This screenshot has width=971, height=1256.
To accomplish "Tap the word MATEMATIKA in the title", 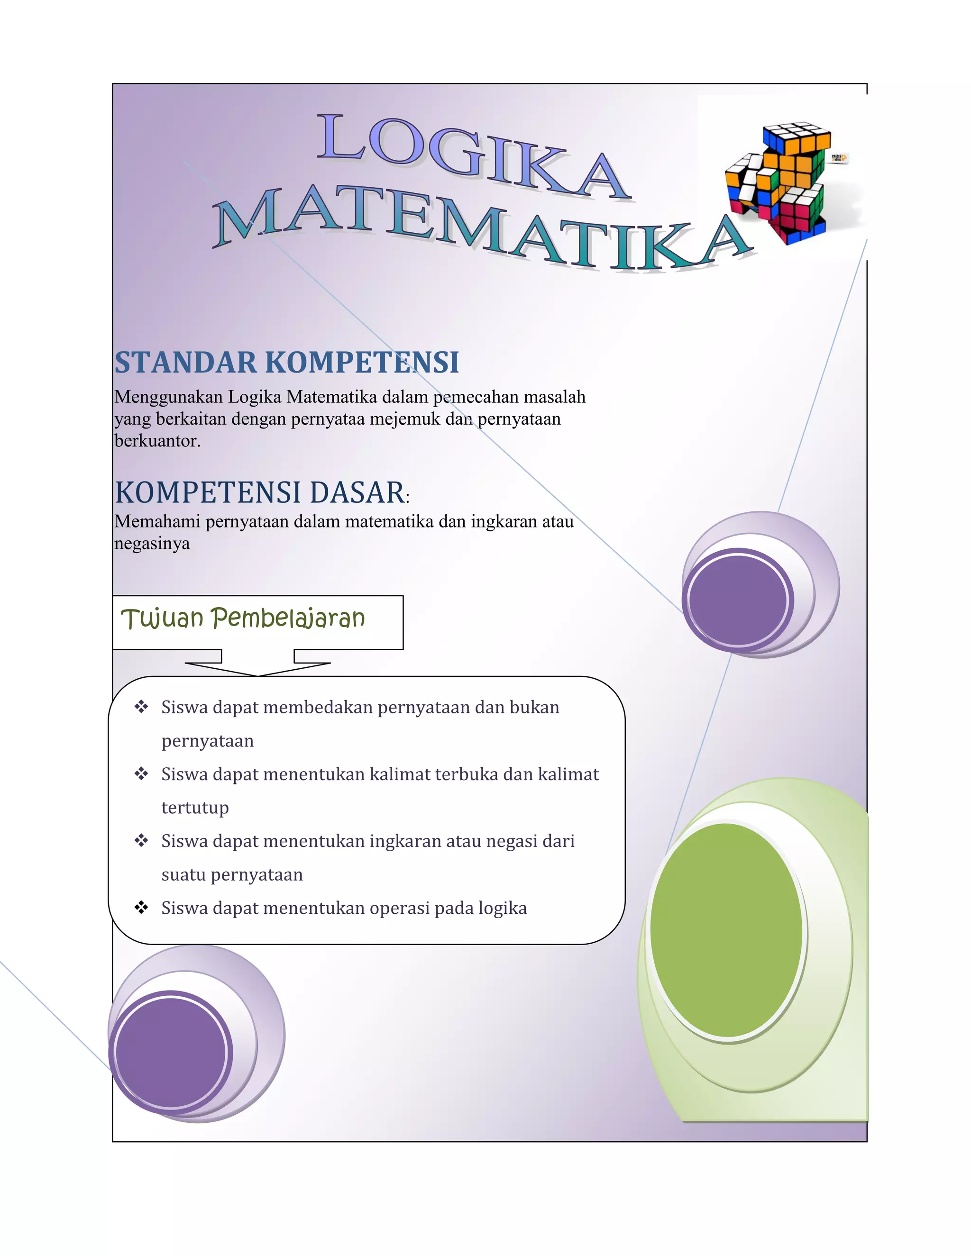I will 483,230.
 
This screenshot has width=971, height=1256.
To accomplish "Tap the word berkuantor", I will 157,441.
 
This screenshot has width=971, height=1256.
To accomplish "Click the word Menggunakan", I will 168,397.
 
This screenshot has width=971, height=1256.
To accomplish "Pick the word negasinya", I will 152,544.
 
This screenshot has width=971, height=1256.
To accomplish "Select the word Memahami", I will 157,522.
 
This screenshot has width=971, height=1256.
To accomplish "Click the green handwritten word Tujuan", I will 162,619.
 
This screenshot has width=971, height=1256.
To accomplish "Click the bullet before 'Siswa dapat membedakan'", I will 141,707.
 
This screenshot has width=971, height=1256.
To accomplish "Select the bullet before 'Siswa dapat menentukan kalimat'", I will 141,774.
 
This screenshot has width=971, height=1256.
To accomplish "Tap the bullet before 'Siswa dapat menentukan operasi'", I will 141,908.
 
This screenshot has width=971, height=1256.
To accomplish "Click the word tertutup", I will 195,808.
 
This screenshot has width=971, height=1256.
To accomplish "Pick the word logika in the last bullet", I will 502,908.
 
